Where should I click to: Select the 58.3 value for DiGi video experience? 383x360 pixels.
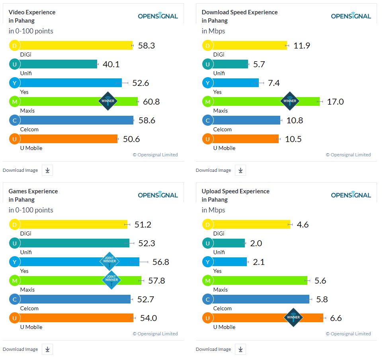click(146, 45)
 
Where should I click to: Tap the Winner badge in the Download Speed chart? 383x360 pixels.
click(289, 101)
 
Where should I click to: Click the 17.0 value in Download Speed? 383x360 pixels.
click(335, 102)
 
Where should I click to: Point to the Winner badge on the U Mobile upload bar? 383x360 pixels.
click(293, 317)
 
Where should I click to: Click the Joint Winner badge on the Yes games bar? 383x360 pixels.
click(109, 261)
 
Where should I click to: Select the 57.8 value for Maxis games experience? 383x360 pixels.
click(156, 281)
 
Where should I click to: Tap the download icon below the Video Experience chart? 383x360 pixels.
click(47, 170)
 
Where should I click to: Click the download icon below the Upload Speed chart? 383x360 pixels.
click(240, 349)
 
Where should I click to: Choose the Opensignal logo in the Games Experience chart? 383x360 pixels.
click(158, 195)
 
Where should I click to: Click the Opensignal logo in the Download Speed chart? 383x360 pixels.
click(351, 16)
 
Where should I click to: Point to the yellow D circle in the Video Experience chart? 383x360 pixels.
click(14, 45)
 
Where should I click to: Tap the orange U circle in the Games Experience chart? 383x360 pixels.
click(14, 318)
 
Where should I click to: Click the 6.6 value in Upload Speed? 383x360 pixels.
click(336, 318)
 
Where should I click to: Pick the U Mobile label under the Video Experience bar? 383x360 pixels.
click(31, 148)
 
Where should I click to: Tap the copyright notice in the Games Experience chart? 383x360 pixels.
click(155, 334)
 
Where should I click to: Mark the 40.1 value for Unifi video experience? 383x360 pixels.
click(111, 64)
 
